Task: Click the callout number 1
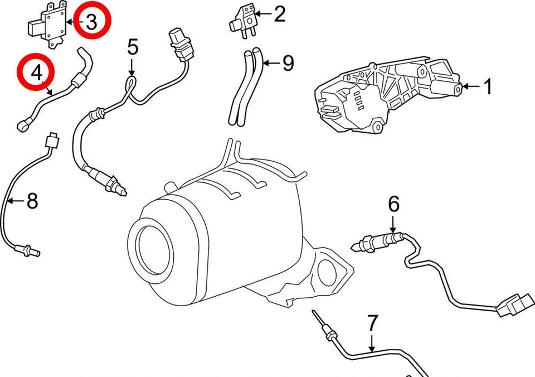pos(487,87)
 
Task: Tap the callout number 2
pos(279,13)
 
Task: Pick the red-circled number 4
pos(36,72)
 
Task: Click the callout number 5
pos(132,47)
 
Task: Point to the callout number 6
pos(393,205)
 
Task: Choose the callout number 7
pos(373,323)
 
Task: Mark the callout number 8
pos(32,200)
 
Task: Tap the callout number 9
pos(288,63)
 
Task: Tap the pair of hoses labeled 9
pos(246,86)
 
